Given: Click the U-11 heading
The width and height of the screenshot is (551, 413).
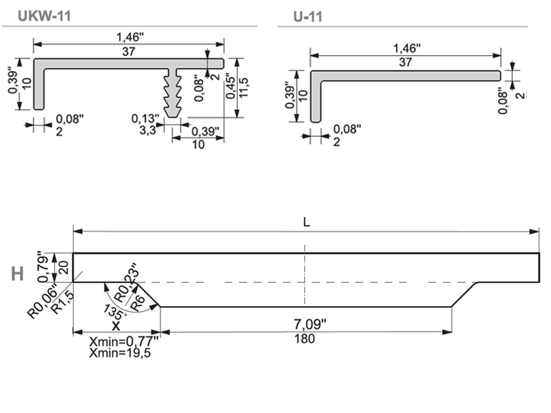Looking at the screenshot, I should tap(308, 17).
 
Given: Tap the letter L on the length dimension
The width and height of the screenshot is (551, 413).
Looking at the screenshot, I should tap(306, 222).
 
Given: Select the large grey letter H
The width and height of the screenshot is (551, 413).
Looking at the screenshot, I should tap(18, 273).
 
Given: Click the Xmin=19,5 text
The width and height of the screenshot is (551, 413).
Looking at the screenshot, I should tap(121, 353).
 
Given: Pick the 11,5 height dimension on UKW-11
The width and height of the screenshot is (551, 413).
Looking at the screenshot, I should tap(245, 87).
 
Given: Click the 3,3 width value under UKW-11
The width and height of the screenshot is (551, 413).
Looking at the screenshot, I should tap(147, 129).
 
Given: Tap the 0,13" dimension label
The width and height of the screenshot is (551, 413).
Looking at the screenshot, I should tap(146, 118).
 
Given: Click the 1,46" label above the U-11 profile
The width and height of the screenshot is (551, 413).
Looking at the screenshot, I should tap(406, 48).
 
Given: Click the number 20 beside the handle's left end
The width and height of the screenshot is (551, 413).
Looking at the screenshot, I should tap(65, 268).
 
